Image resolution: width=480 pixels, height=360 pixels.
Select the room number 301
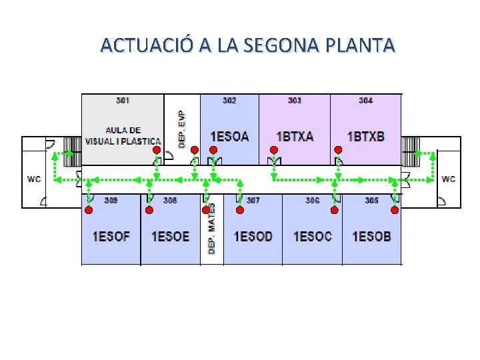(123, 101)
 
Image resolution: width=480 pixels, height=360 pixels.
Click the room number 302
(229, 101)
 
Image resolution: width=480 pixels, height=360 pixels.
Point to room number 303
(295, 101)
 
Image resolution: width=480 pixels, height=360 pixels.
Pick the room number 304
(365, 101)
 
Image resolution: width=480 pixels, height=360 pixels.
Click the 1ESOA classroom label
(229, 137)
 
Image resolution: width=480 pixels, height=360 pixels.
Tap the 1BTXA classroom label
(295, 137)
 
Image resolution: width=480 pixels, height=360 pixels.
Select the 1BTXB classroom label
(365, 137)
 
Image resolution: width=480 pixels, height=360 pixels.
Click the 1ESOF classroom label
(111, 237)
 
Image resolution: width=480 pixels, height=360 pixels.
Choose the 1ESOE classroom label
(170, 237)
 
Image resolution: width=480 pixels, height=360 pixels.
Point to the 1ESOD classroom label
(253, 237)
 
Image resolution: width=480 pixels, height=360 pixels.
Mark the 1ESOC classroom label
(312, 237)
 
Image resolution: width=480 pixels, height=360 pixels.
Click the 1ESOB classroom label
(371, 237)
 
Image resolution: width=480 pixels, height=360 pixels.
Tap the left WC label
(34, 179)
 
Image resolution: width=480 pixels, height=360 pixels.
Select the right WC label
(449, 179)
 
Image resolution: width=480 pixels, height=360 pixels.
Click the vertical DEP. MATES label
(212, 230)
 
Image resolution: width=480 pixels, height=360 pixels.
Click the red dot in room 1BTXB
(338, 150)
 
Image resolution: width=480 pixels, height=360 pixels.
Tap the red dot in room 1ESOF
(87, 210)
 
